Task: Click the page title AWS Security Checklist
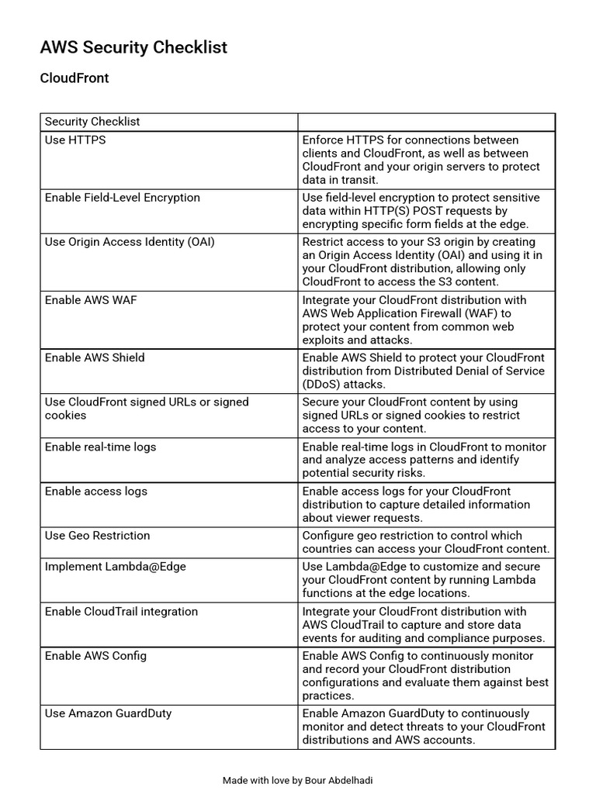click(133, 47)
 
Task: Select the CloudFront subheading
click(74, 78)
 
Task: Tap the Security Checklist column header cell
click(92, 122)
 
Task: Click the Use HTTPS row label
click(75, 140)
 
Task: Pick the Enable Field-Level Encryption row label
click(123, 198)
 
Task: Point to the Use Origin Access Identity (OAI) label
click(130, 242)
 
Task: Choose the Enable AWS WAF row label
click(90, 300)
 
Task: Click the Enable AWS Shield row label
click(95, 357)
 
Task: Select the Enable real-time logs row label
click(100, 447)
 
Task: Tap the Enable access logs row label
click(95, 491)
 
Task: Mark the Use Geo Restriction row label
click(97, 536)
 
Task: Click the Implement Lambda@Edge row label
click(115, 567)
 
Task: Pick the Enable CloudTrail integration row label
click(121, 612)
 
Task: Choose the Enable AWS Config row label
click(95, 656)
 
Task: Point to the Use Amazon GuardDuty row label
click(108, 713)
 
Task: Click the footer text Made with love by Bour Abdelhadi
click(298, 780)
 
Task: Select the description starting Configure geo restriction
click(425, 542)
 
